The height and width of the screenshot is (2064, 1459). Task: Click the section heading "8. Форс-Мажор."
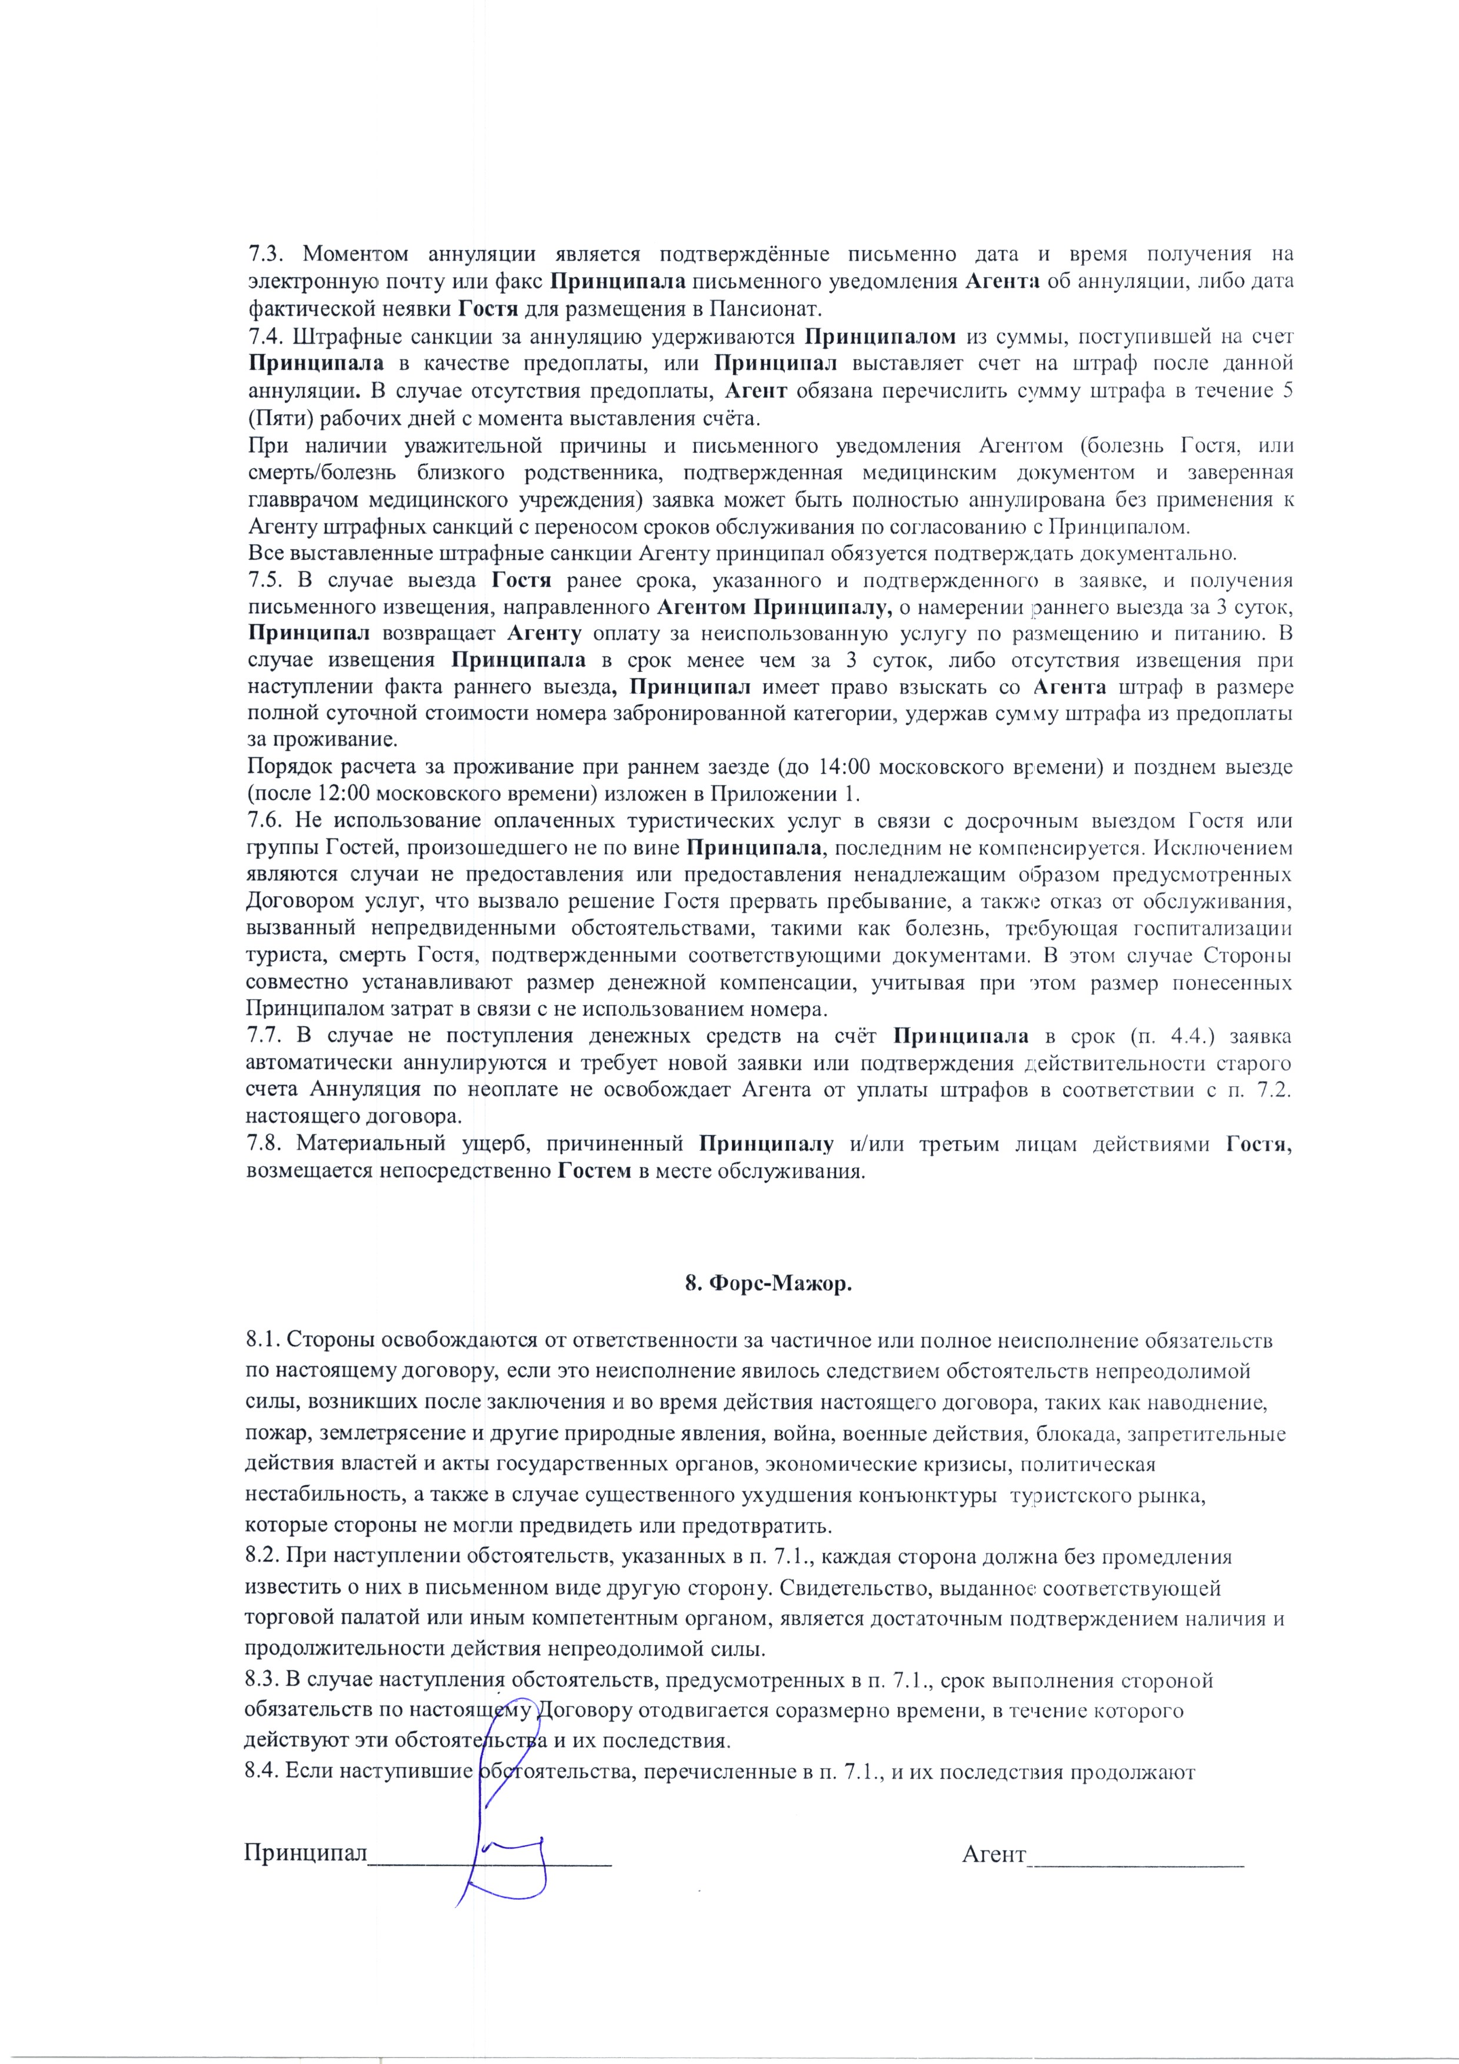[x=768, y=1284]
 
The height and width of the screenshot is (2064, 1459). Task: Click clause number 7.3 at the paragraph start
[x=264, y=254]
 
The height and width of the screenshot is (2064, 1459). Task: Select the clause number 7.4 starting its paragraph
[x=264, y=338]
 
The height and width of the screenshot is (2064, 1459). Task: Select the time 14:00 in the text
[x=845, y=767]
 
